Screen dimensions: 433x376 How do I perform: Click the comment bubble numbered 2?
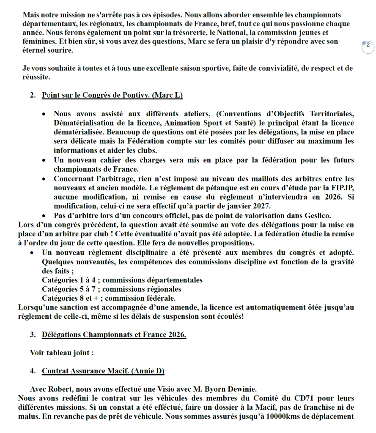coord(368,46)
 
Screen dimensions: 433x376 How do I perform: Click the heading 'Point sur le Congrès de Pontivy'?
coord(112,95)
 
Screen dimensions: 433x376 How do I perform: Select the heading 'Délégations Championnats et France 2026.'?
coord(114,335)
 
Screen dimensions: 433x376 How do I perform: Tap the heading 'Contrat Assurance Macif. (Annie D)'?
coord(103,371)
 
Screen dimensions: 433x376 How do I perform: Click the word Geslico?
coord(313,216)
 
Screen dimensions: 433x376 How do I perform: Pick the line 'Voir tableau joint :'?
coord(62,352)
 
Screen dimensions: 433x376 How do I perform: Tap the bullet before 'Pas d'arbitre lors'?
coord(44,216)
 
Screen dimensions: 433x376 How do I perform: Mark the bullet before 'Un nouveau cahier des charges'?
coord(44,161)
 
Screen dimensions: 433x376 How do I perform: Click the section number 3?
coord(33,335)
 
